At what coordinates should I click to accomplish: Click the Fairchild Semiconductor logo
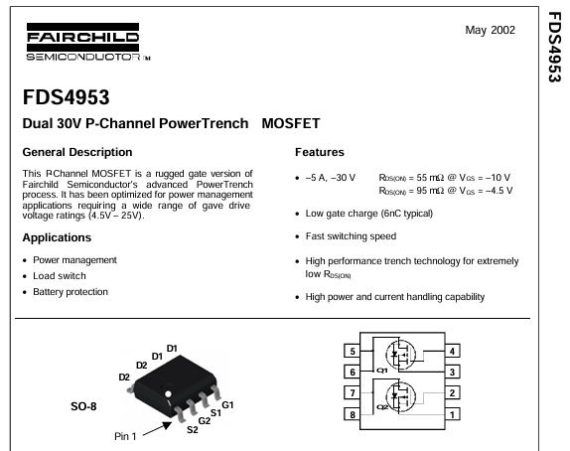click(x=88, y=42)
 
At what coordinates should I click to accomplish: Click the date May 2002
click(x=490, y=30)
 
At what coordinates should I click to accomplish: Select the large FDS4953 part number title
click(x=66, y=97)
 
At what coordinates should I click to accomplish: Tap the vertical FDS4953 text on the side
click(x=555, y=48)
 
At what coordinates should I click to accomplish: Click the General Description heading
click(x=77, y=152)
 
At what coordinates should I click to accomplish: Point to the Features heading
click(x=319, y=152)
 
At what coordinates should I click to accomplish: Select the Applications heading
click(x=57, y=237)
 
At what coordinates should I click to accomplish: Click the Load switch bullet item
click(x=60, y=276)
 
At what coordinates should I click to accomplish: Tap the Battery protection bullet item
click(x=71, y=292)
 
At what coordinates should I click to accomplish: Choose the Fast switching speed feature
click(x=351, y=236)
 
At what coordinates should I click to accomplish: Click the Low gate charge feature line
click(x=369, y=214)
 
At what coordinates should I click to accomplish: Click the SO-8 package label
click(x=83, y=406)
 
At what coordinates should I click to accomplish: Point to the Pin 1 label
click(x=125, y=436)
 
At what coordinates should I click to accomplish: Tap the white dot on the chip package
click(x=168, y=394)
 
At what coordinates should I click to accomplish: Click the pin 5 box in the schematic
click(x=352, y=352)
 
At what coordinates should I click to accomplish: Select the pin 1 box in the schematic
click(x=452, y=414)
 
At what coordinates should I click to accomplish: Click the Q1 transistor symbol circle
click(x=400, y=355)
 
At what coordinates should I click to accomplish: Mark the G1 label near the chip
click(x=227, y=405)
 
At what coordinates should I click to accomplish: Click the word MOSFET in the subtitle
click(x=291, y=123)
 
